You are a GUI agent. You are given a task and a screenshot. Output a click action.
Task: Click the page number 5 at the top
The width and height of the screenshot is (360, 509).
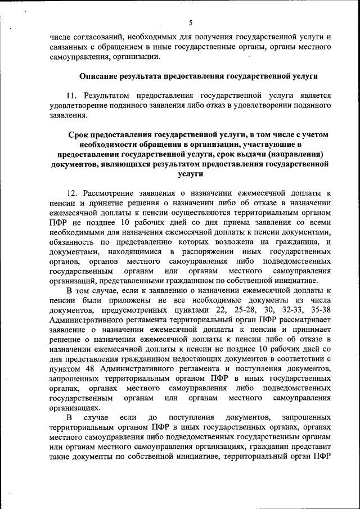[x=190, y=23]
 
